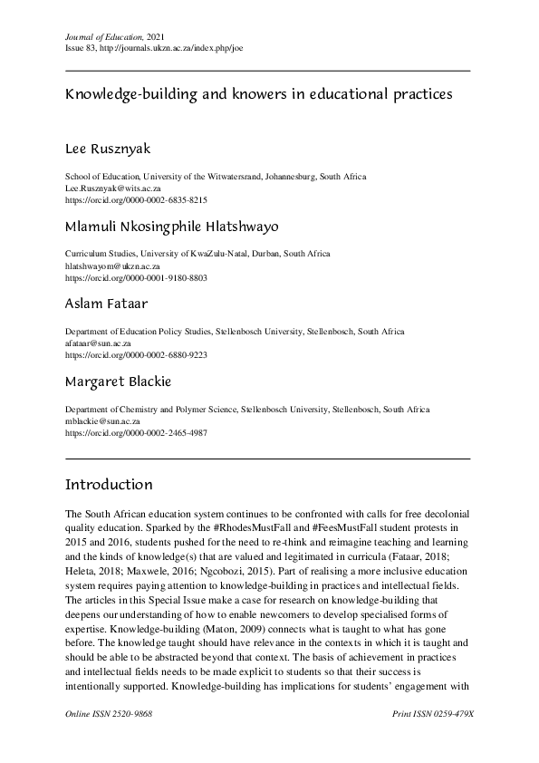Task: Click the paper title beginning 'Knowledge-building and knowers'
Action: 258,92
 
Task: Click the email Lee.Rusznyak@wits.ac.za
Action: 115,187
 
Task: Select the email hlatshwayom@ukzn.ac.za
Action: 113,266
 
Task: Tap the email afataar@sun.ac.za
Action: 99,344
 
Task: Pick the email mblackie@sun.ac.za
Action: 102,422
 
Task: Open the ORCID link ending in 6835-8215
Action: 137,198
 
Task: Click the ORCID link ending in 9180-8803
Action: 137,277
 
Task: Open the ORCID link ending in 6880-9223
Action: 137,356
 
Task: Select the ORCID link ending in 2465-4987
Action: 137,434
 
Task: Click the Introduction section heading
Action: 110,485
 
